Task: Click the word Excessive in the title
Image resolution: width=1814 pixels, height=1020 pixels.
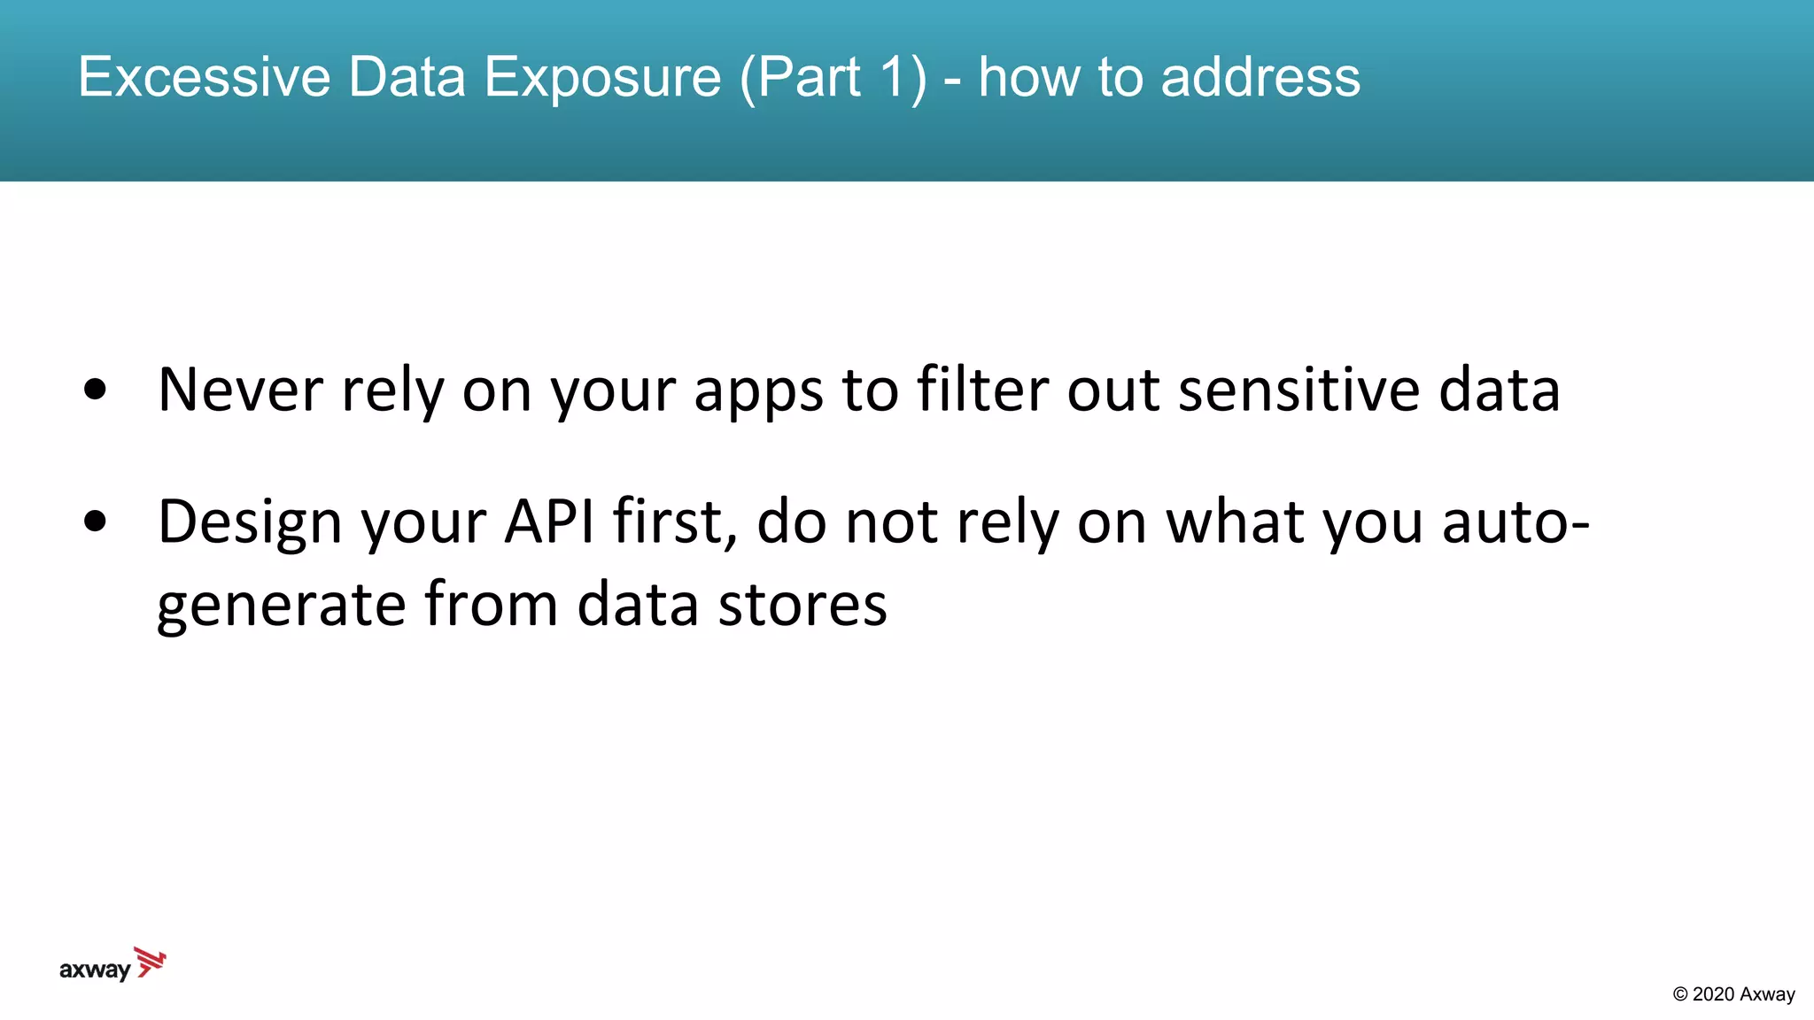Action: coord(204,77)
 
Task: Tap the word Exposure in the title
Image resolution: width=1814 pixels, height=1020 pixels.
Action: coord(602,77)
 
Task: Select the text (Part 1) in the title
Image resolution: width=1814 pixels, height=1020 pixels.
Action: coord(833,77)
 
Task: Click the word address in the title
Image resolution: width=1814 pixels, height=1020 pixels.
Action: coord(1260,77)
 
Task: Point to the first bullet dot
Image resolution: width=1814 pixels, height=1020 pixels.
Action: coord(95,390)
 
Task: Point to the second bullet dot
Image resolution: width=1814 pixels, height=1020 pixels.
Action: coord(95,522)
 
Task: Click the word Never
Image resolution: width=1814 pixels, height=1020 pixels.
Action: coord(240,390)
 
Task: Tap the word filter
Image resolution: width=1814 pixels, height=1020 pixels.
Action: coord(982,390)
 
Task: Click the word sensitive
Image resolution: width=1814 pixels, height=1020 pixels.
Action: coord(1298,390)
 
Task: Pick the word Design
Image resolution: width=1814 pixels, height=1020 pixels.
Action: coord(249,522)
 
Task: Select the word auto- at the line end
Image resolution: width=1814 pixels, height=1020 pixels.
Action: coord(1516,522)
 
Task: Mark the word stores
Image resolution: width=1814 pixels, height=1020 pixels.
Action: coord(802,605)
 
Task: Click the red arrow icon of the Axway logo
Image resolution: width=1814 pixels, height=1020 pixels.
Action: coord(151,962)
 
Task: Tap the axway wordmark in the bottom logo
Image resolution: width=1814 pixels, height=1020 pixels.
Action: coord(95,970)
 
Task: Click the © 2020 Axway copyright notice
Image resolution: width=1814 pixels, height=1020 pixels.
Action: coord(1733,994)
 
